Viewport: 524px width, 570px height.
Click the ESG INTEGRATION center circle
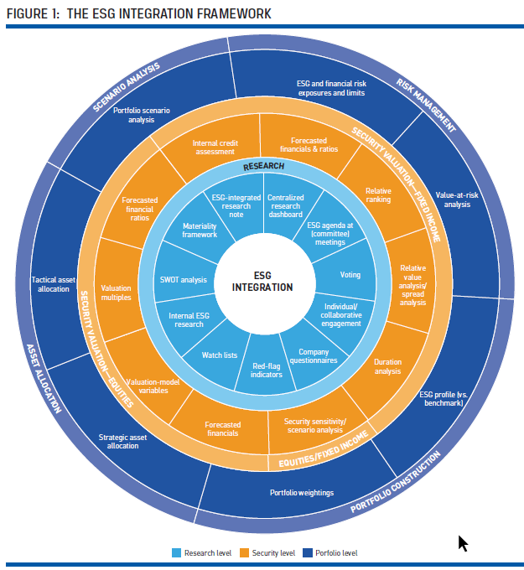click(x=262, y=281)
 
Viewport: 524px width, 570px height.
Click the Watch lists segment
click(x=220, y=355)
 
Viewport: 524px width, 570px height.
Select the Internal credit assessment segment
click(x=214, y=148)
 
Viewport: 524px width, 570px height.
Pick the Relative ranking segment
click(x=378, y=195)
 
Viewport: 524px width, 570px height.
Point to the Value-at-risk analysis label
click(x=457, y=199)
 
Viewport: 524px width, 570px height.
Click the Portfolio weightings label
click(x=301, y=493)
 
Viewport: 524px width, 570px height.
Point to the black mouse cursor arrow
click(x=462, y=542)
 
